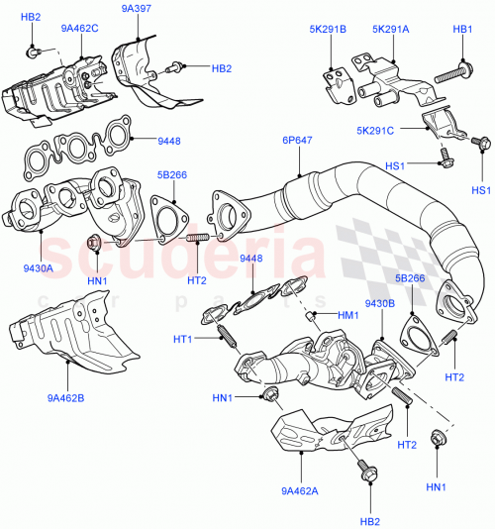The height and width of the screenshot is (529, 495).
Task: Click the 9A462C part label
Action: (78, 28)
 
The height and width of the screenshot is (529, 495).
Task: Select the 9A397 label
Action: (137, 9)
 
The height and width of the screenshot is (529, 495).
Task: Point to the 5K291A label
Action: (390, 29)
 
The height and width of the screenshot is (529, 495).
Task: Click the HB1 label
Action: (462, 29)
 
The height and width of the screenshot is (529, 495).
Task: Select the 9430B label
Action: (381, 303)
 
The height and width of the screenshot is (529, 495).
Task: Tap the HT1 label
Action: (183, 340)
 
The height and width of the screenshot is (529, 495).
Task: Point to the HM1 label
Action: (347, 315)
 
